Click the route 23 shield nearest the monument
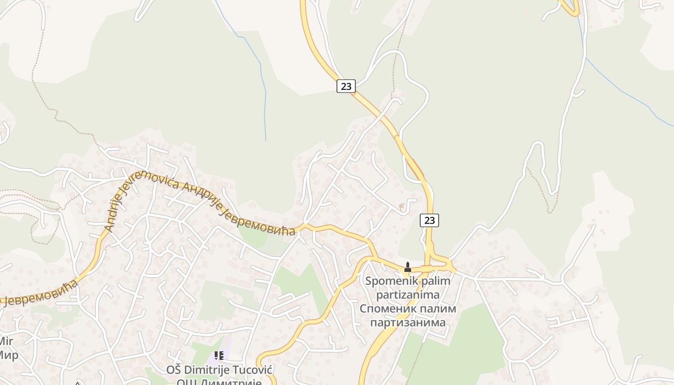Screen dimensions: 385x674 point(429,220)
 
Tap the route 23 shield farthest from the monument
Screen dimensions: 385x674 point(346,86)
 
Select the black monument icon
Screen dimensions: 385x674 point(408,267)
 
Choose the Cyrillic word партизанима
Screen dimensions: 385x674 point(408,322)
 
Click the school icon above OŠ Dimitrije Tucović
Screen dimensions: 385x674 point(219,356)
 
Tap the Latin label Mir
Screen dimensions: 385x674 point(6,342)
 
